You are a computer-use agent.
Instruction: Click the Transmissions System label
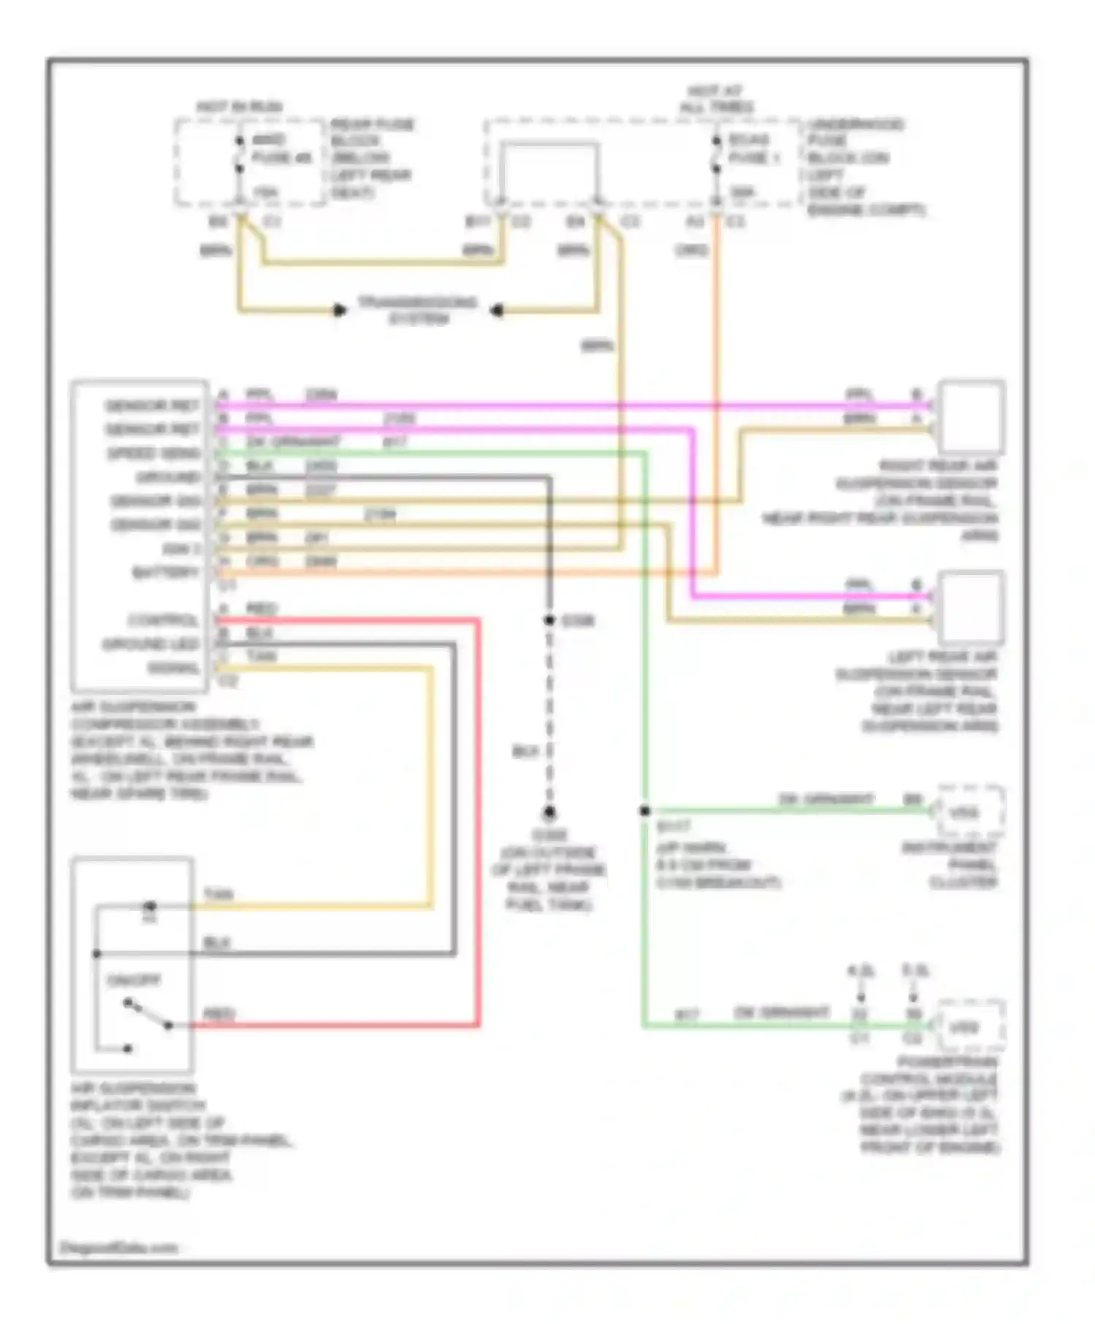click(418, 310)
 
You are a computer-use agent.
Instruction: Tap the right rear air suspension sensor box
click(972, 416)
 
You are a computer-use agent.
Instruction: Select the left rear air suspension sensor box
click(972, 606)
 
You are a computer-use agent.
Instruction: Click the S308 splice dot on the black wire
click(550, 620)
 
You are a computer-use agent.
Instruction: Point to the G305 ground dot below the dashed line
click(550, 812)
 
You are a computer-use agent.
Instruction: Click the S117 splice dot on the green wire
click(645, 810)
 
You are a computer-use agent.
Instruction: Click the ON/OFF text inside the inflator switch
click(133, 980)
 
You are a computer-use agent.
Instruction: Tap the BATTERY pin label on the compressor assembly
click(166, 573)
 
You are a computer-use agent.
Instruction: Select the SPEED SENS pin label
click(153, 453)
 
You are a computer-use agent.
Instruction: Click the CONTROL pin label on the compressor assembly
click(163, 620)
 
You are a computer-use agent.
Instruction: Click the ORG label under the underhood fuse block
click(691, 250)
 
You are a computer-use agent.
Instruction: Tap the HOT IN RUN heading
click(239, 107)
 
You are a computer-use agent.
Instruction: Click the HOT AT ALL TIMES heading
click(716, 99)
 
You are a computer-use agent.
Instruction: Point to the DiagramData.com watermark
click(118, 1247)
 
